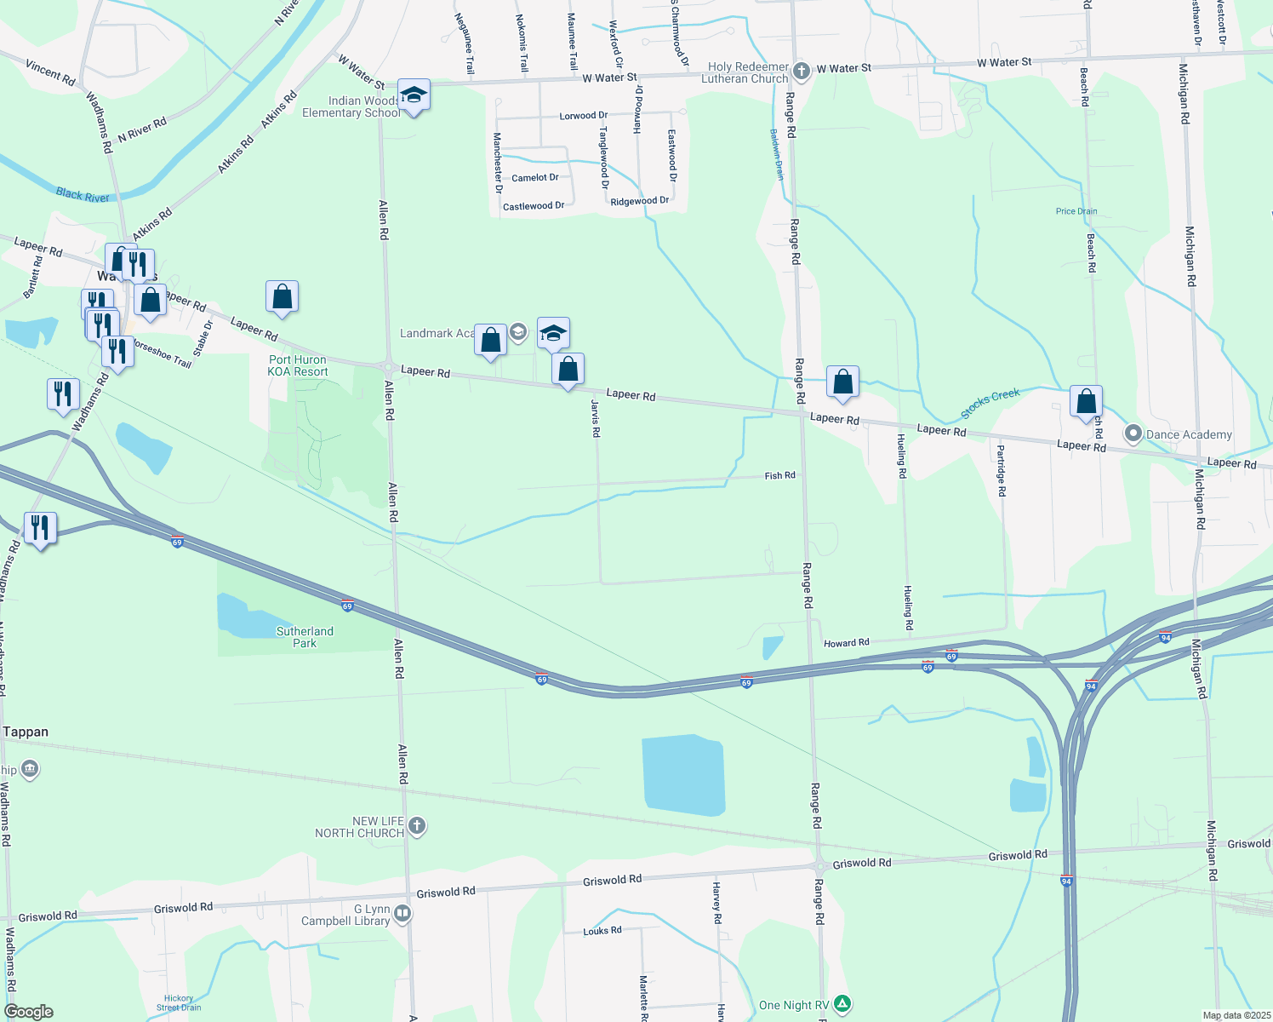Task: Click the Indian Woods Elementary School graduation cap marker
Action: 414,95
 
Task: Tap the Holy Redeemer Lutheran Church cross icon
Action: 801,71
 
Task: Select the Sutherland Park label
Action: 305,637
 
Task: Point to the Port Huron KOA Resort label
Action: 298,365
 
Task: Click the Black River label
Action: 83,195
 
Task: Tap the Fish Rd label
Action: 779,475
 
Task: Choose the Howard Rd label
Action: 846,643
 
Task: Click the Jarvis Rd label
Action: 596,418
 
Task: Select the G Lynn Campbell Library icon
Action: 402,914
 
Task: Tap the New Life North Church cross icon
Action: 416,825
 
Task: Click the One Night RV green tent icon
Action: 842,1004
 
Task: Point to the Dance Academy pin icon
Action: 1133,433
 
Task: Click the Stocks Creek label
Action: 990,404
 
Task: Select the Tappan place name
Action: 26,732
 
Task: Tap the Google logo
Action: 28,1012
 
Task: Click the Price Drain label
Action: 1076,211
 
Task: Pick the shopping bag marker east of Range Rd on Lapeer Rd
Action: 842,382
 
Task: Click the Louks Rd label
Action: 602,931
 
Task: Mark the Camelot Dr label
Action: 535,178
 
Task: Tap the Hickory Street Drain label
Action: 179,1002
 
